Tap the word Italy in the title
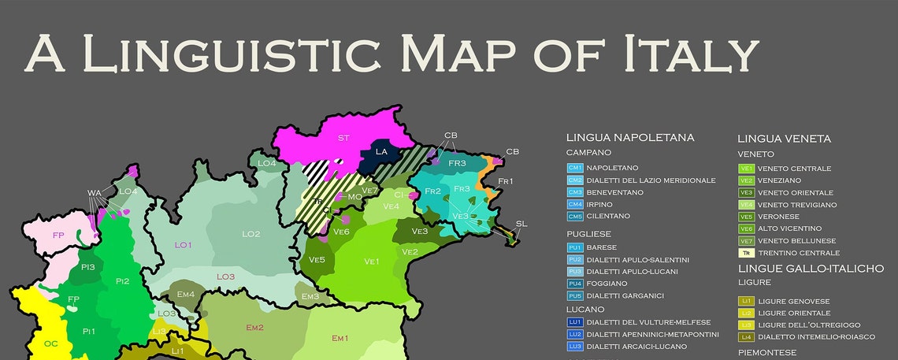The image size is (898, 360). tap(692, 54)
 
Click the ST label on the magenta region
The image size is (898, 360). tap(343, 138)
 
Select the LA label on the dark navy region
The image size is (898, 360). tap(381, 151)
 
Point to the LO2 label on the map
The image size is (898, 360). tap(250, 234)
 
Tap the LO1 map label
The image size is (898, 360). tap(183, 245)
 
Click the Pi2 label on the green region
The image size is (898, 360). tap(122, 281)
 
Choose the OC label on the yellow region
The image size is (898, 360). tap(51, 343)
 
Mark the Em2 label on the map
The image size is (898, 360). tap(254, 327)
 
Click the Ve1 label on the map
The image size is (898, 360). tap(372, 261)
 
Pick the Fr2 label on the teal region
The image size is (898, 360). tap(432, 191)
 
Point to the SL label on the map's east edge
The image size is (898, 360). tap(521, 224)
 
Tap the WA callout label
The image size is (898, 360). tap(95, 192)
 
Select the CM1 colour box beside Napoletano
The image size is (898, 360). tap(574, 169)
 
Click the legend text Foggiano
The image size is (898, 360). tap(608, 284)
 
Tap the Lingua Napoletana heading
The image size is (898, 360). tap(630, 138)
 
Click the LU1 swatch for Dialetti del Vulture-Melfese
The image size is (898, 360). tap(574, 322)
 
